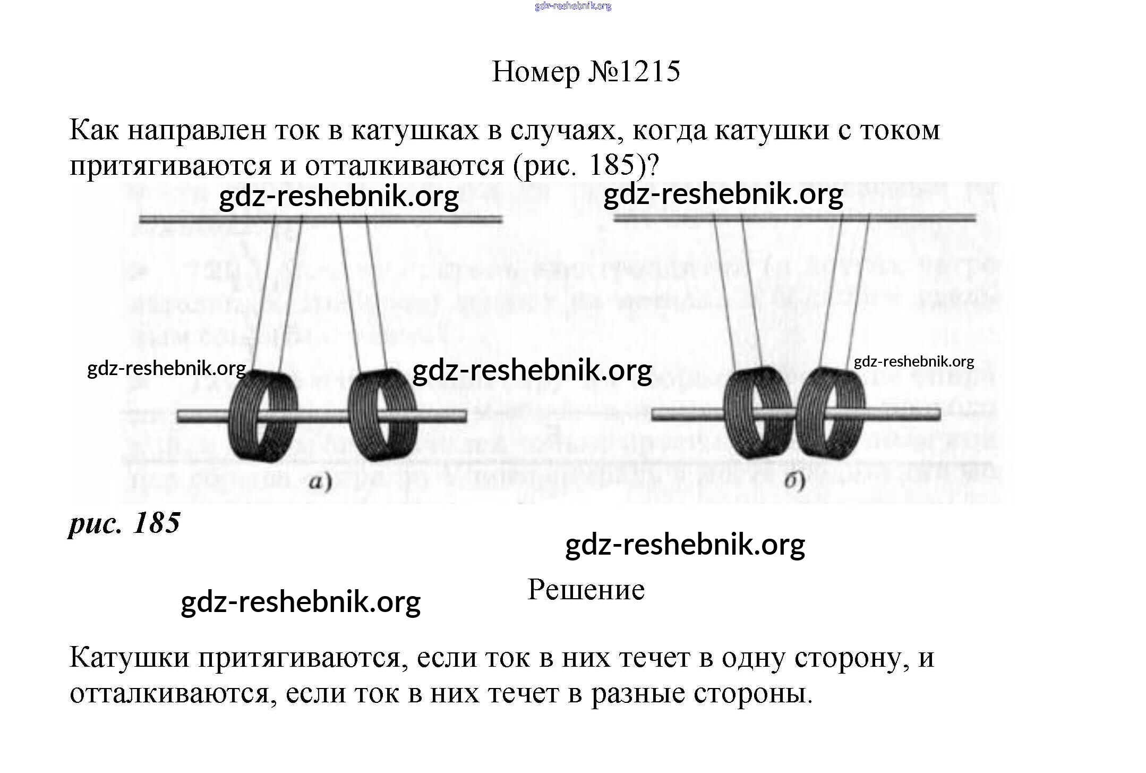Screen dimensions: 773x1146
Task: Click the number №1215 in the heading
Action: [x=634, y=71]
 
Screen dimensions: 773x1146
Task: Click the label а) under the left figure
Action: [x=320, y=482]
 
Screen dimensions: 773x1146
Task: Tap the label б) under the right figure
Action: [x=794, y=481]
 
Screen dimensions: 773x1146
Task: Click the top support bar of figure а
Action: [x=320, y=218]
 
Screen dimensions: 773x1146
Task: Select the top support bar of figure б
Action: [x=794, y=217]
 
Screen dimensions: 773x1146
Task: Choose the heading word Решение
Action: [x=586, y=590]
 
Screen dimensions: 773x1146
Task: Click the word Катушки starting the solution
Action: [x=129, y=658]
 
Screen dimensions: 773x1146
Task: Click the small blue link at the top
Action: [x=573, y=6]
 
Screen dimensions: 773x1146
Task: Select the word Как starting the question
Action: [x=94, y=130]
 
